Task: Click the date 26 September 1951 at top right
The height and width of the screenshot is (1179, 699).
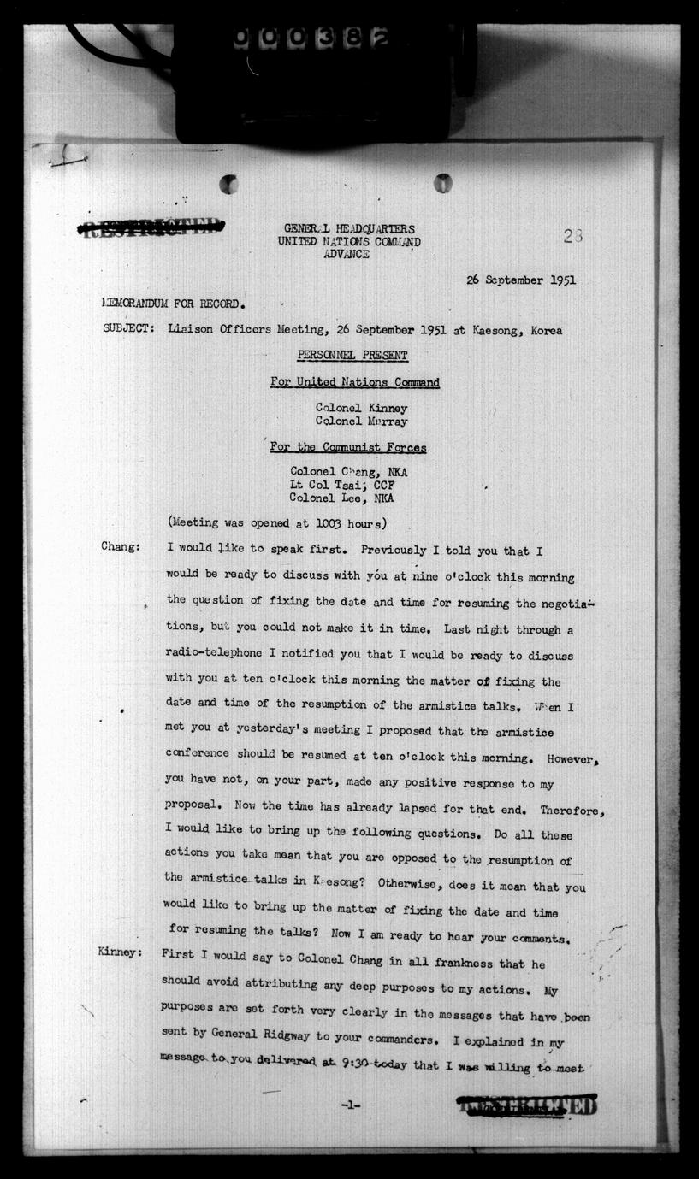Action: (520, 280)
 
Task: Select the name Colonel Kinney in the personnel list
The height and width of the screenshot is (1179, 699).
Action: (361, 408)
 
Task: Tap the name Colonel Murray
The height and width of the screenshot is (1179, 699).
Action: (361, 421)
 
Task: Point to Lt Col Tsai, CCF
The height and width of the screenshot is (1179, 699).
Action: (342, 485)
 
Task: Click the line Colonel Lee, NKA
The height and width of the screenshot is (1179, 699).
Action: (341, 498)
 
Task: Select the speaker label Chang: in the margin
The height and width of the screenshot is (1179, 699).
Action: (121, 547)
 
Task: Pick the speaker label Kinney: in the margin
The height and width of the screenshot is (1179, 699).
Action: (121, 952)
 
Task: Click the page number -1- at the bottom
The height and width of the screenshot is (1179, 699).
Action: (351, 1105)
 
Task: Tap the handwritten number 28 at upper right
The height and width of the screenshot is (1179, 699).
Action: (572, 237)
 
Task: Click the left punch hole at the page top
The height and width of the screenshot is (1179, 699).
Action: (228, 184)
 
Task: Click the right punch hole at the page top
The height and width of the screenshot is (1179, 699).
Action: (442, 183)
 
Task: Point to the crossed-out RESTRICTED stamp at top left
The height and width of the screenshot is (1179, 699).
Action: (151, 227)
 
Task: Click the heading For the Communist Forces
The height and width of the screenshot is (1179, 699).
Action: (348, 447)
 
